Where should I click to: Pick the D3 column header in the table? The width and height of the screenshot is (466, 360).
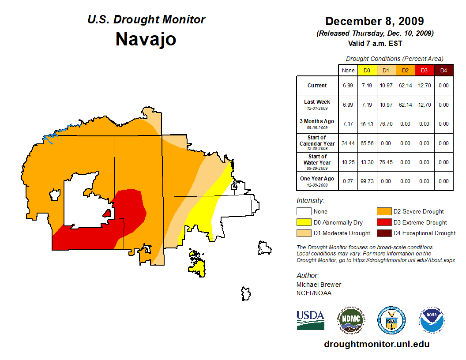424,71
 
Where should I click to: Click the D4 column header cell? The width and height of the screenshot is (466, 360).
443,71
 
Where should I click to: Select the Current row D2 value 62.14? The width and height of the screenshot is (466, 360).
405,86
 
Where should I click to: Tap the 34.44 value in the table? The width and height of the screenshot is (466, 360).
348,143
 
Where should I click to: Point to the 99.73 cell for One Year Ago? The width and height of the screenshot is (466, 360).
367,181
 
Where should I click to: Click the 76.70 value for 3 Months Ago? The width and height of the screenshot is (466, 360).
386,124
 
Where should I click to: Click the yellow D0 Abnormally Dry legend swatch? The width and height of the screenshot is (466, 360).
304,222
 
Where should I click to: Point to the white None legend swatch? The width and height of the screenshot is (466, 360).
304,212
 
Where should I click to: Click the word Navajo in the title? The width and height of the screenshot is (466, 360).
146,39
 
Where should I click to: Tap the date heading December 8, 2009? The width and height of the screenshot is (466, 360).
375,21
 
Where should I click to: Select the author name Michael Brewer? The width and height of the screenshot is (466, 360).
319,285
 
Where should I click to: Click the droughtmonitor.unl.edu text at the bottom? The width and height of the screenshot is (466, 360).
376,344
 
